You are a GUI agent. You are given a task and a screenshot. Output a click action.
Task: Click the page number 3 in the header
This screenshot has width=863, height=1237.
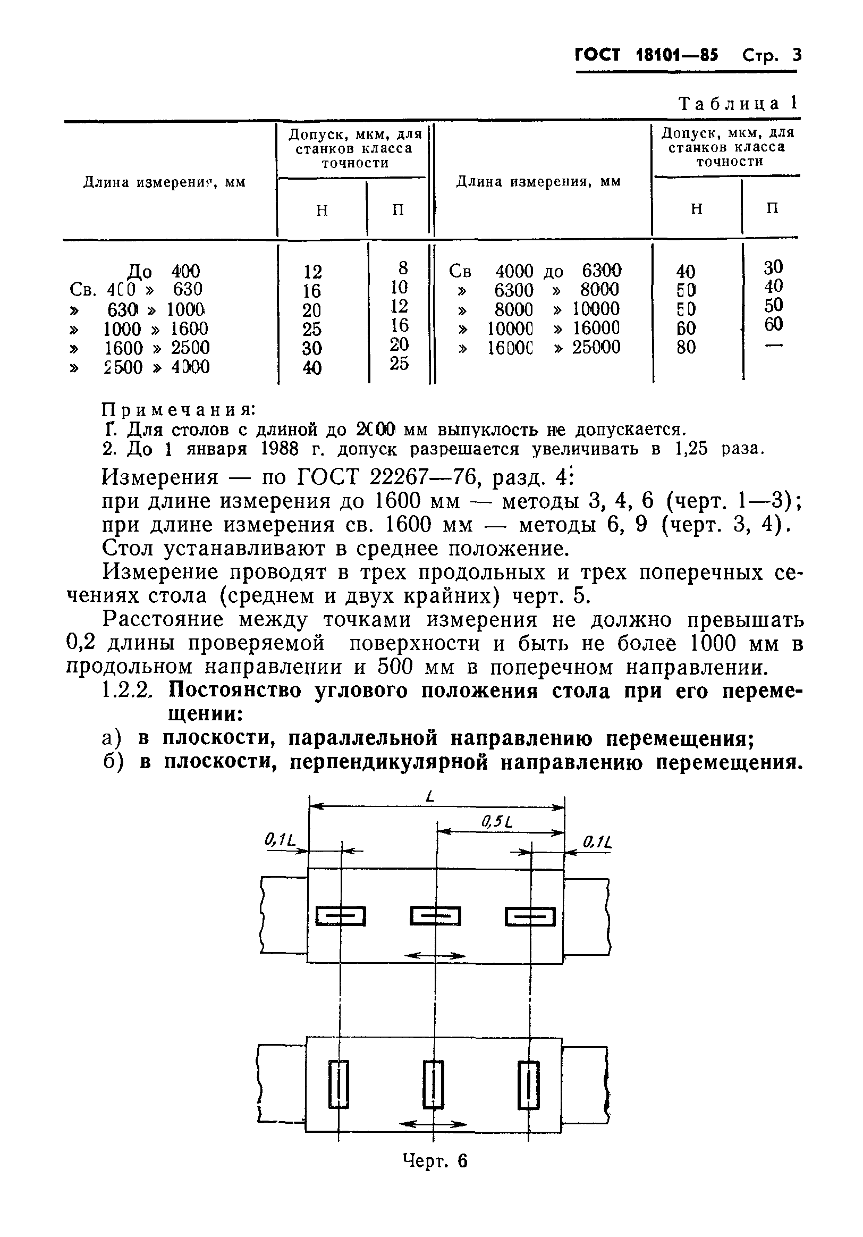click(x=796, y=55)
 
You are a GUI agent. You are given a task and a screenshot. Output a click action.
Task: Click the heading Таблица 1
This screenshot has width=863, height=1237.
click(x=739, y=104)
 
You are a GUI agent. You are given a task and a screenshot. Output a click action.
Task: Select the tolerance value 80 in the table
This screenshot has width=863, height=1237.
click(x=686, y=348)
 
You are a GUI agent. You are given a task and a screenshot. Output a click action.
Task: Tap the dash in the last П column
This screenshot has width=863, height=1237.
click(x=773, y=346)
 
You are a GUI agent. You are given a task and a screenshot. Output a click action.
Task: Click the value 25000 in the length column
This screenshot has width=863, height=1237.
click(x=596, y=348)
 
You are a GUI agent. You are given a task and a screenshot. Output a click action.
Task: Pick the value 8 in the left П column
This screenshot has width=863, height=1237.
click(x=403, y=268)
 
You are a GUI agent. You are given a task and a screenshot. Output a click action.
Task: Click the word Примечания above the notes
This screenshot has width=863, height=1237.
click(x=178, y=410)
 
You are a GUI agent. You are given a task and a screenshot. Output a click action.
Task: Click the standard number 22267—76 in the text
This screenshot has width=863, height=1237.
click(x=413, y=477)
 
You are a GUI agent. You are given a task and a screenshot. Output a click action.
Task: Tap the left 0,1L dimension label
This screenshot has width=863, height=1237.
click(x=280, y=840)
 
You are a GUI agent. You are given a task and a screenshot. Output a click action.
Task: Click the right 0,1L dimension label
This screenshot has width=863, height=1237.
click(x=598, y=842)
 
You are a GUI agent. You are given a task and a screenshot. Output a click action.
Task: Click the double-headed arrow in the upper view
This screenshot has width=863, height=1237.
click(x=434, y=956)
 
